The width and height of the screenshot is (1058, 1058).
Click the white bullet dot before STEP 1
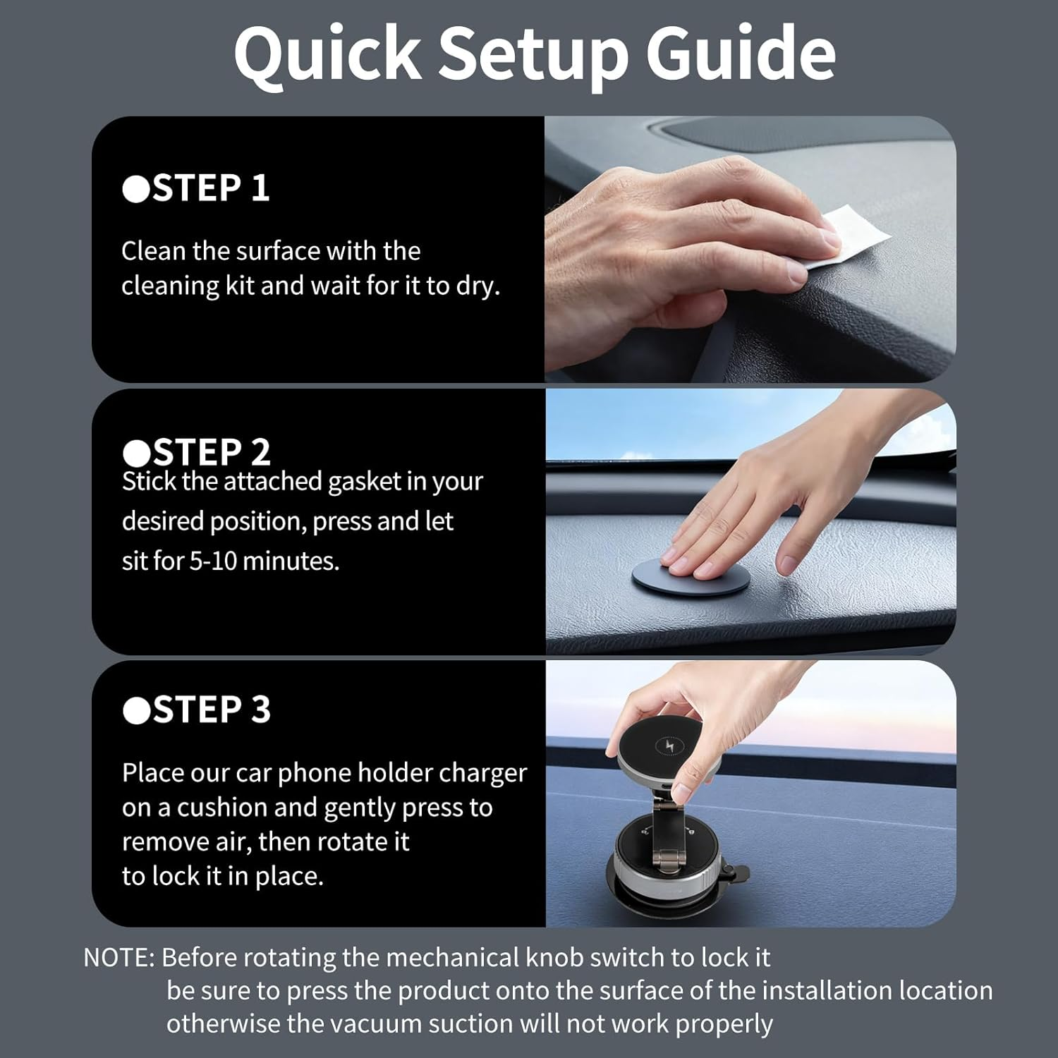[x=135, y=189]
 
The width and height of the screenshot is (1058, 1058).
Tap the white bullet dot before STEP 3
[x=135, y=710]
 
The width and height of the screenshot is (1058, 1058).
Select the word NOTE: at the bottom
[x=118, y=958]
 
